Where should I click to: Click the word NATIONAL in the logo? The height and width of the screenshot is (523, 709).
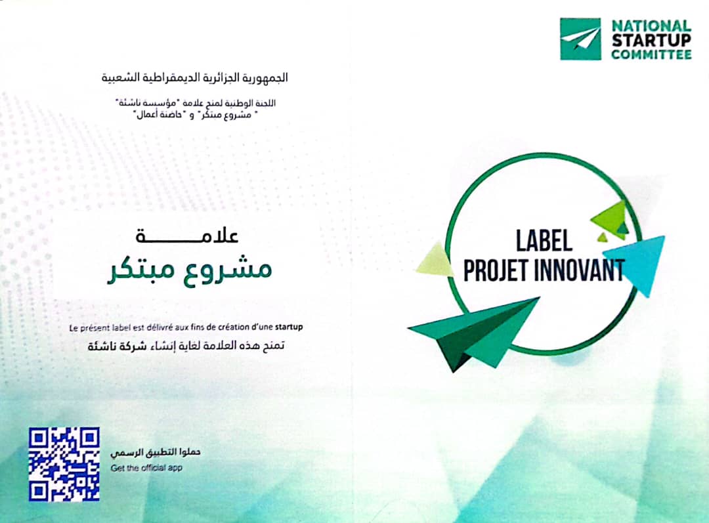pos(652,26)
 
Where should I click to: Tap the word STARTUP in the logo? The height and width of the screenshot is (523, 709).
pos(652,40)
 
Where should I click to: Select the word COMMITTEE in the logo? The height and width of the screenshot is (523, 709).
pos(652,54)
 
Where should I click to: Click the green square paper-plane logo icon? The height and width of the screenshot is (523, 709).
pos(580,39)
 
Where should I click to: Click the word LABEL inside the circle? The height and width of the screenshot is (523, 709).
pos(544,241)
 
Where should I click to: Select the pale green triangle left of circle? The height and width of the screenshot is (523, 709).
pos(435,260)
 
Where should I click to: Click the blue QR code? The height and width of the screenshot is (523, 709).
pos(64,464)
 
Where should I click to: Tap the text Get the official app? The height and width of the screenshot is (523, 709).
pos(146,468)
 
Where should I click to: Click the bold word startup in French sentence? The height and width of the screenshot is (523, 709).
pos(288,326)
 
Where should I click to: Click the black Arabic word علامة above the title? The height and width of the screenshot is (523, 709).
pos(187,236)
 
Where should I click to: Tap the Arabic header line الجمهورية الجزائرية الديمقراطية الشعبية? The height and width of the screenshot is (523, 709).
pos(194,77)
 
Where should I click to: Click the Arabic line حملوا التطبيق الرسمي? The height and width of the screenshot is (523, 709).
pos(156,452)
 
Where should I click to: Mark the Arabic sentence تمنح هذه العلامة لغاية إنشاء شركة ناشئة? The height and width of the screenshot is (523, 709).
pos(186,346)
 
